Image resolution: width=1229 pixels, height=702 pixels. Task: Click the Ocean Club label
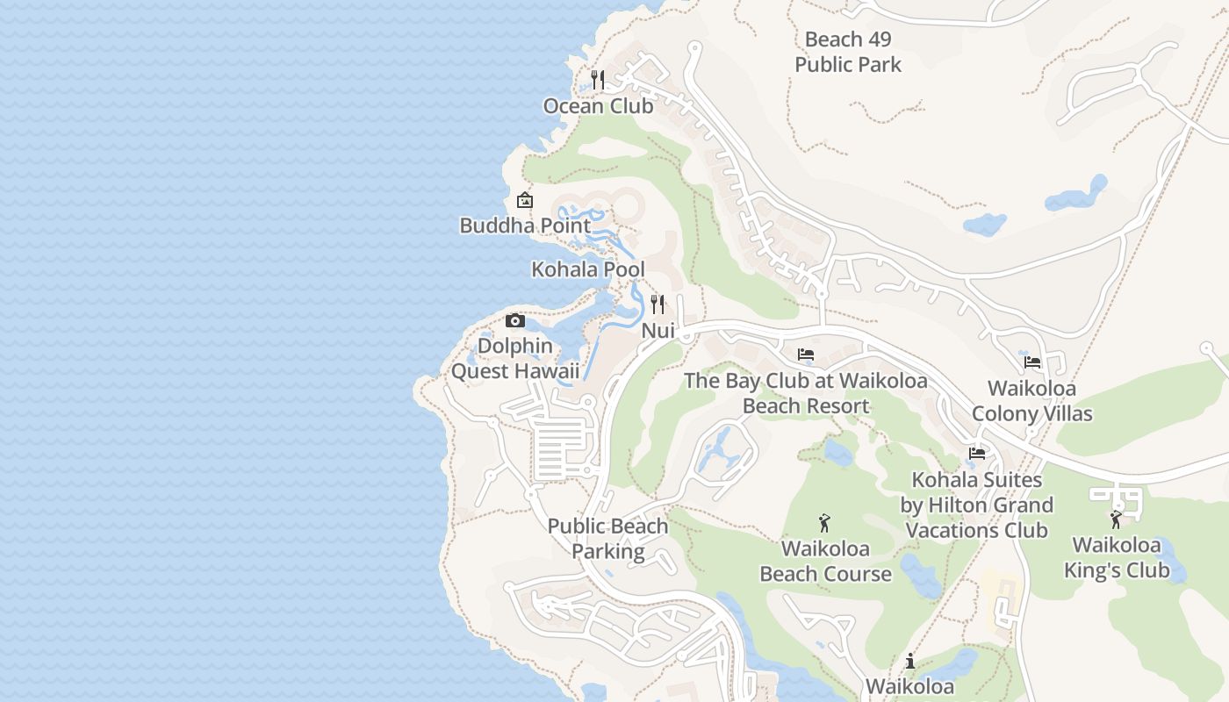pyautogui.click(x=598, y=106)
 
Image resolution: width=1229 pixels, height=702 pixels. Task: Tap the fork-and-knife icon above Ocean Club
pyautogui.click(x=598, y=80)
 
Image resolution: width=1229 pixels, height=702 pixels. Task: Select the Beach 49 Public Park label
pyautogui.click(x=848, y=52)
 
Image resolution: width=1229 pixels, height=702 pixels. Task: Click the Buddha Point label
pyautogui.click(x=525, y=226)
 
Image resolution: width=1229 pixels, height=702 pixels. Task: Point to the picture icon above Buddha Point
pyautogui.click(x=525, y=200)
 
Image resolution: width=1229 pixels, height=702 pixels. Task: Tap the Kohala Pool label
pyautogui.click(x=588, y=269)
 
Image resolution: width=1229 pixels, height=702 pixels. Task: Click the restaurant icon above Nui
pyautogui.click(x=658, y=304)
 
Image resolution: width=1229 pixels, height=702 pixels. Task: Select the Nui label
pyautogui.click(x=658, y=331)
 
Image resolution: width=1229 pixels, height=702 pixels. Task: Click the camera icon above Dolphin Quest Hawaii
pyautogui.click(x=515, y=320)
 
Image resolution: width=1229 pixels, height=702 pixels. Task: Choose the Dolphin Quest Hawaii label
pyautogui.click(x=515, y=358)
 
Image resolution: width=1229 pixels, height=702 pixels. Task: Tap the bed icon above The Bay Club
pyautogui.click(x=806, y=355)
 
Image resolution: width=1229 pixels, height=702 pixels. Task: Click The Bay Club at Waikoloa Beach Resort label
pyautogui.click(x=806, y=393)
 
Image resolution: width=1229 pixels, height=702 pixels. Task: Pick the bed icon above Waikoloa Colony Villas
pyautogui.click(x=1032, y=362)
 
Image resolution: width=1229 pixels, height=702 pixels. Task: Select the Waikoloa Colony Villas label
pyautogui.click(x=1032, y=400)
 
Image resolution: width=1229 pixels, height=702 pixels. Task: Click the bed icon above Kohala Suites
pyautogui.click(x=977, y=454)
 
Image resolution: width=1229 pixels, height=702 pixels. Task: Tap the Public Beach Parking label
pyautogui.click(x=607, y=539)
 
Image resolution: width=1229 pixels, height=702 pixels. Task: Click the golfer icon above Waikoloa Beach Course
pyautogui.click(x=824, y=523)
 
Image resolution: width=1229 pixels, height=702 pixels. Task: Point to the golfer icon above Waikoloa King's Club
pyautogui.click(x=1116, y=519)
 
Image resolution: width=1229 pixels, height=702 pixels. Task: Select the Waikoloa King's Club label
pyautogui.click(x=1117, y=557)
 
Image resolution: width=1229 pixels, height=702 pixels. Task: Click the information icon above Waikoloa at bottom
pyautogui.click(x=910, y=661)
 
